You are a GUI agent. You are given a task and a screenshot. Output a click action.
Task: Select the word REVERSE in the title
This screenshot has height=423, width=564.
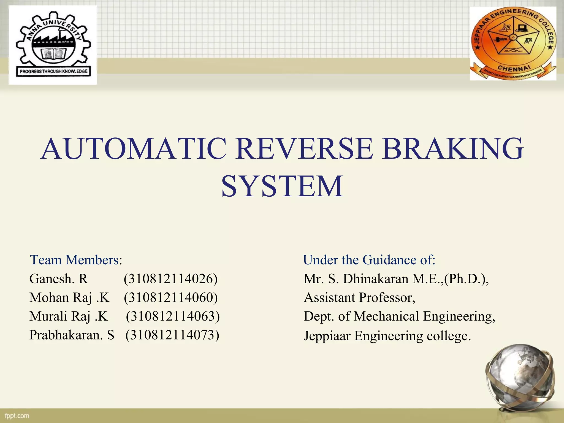304,149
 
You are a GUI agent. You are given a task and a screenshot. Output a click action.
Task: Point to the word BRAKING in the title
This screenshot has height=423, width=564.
453,149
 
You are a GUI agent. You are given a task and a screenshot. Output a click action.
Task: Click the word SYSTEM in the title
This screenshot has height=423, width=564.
282,187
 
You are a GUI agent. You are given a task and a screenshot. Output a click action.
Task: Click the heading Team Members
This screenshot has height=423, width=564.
76,260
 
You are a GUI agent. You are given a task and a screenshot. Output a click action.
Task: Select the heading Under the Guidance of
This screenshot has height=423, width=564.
369,260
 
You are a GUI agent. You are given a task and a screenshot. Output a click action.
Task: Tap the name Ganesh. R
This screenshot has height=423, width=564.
58,279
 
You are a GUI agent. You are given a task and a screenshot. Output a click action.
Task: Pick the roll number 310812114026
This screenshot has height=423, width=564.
171,279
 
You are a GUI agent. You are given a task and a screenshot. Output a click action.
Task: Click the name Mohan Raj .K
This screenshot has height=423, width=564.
69,298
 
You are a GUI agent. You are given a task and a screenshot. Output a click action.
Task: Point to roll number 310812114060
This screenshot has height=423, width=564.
171,298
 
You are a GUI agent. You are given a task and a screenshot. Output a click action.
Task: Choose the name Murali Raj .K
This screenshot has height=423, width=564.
69,316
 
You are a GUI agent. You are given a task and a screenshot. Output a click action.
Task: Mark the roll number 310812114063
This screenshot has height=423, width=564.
173,316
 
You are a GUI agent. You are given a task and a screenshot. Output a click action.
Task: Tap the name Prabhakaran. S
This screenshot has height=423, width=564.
72,335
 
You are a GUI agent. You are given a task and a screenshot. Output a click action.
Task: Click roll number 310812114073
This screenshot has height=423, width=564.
172,335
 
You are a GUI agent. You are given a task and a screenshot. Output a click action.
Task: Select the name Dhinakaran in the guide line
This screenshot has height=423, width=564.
376,279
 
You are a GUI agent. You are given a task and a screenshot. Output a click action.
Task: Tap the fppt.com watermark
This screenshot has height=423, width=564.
17,416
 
